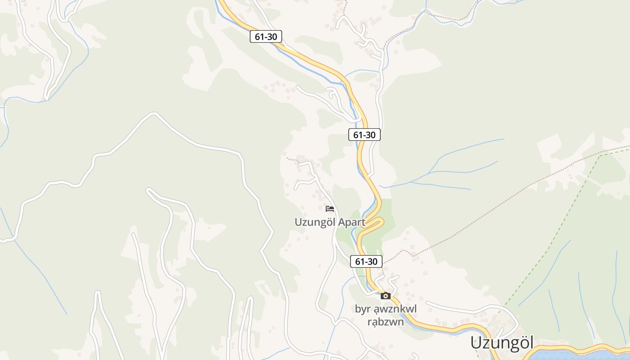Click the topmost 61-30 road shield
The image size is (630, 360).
coord(266,37)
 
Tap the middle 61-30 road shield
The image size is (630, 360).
coord(364,135)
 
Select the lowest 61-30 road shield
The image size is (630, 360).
coord(366,261)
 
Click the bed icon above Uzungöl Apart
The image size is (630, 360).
coord(330,209)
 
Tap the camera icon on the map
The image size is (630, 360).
coord(385,296)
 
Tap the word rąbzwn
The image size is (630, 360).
coord(386,322)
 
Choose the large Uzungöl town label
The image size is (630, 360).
coord(502,343)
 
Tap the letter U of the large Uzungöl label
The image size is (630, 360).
coord(476,343)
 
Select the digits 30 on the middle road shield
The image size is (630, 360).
coord(371,135)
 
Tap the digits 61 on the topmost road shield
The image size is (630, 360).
coord(259,37)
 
